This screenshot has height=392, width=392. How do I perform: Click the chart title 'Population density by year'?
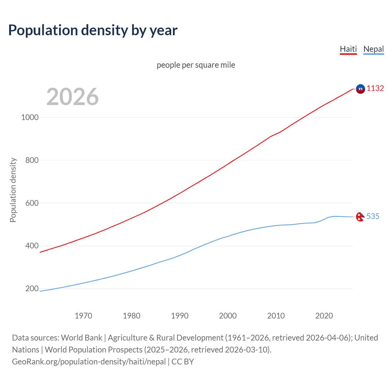coord(93,30)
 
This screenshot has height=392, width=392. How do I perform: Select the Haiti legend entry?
coord(348,49)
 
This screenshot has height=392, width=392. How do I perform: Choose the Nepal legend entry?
coord(373,49)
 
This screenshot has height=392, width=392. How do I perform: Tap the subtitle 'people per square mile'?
coord(196,65)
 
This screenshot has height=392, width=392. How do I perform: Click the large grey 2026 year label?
coord(73,97)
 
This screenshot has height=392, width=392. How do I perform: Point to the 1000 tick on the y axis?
coord(30,117)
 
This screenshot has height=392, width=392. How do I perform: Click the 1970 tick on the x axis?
coord(83,316)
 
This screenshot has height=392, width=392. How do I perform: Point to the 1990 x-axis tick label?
coord(180,316)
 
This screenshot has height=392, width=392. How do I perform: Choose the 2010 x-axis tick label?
coord(276,316)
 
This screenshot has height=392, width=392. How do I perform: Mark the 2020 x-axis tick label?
coord(324,316)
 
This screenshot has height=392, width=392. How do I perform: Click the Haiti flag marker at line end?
coord(360,89)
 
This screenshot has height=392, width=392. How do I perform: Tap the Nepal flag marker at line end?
coord(360,217)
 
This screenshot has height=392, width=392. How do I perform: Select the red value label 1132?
coord(375,88)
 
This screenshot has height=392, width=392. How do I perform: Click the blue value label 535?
coord(373,216)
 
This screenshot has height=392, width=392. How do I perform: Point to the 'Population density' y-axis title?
coord(13,190)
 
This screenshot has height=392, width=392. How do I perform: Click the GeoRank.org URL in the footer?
coord(89,362)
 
